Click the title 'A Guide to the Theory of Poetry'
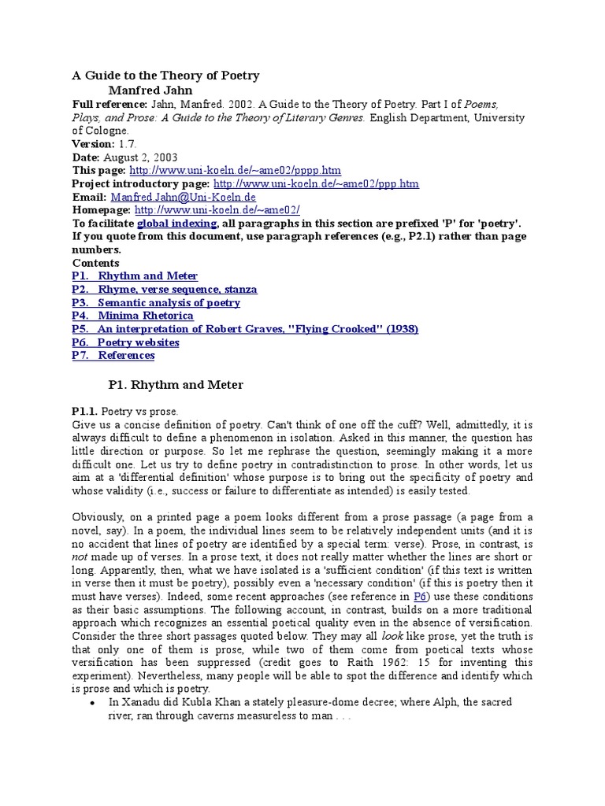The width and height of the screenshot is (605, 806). coord(165,76)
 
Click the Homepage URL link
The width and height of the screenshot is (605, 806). coord(217,210)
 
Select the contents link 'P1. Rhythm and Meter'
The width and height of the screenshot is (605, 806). coord(135,276)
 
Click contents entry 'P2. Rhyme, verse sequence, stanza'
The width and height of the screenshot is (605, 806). coord(164,290)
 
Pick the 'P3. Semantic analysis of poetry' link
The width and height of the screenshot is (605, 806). coord(156,302)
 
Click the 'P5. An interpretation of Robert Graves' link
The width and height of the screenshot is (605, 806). coord(245,329)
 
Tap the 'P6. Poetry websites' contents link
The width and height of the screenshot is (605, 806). coord(125,342)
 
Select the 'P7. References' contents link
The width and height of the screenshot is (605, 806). coord(113,356)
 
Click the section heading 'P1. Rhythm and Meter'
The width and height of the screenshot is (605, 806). coord(176,385)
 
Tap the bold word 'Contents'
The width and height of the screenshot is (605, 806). coord(96,263)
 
